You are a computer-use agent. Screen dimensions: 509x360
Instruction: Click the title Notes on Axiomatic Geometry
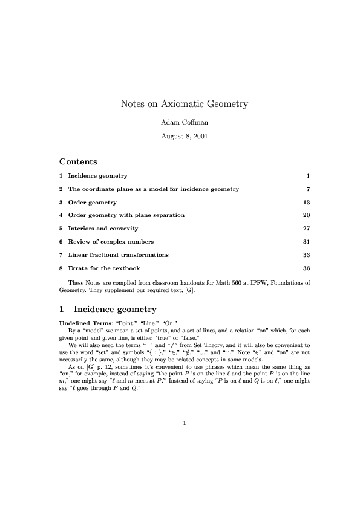(185, 104)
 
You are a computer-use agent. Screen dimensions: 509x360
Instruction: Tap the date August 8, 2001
(184, 136)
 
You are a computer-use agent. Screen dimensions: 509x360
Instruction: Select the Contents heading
(78, 161)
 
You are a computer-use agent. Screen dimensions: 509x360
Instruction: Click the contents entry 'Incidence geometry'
(97, 176)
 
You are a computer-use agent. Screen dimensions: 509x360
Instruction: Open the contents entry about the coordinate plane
(153, 189)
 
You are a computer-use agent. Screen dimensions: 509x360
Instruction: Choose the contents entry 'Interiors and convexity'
(103, 229)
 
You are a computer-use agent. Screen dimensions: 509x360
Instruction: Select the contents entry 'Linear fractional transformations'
(118, 254)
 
